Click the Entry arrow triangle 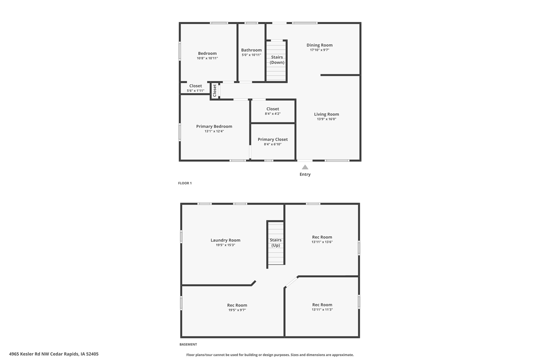tap(305, 167)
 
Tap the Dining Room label tap(319, 45)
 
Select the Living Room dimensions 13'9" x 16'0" tap(327, 119)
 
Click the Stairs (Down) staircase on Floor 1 tap(276, 61)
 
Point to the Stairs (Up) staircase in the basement tap(276, 243)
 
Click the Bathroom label tap(251, 50)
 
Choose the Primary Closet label tap(273, 140)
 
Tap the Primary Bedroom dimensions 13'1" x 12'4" tap(214, 131)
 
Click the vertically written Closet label tap(215, 90)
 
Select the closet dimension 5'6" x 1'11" tap(195, 91)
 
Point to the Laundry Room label tap(225, 240)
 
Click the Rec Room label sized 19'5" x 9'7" tap(237, 305)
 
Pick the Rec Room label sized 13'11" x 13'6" tap(322, 237)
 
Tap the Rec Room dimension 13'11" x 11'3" tap(322, 310)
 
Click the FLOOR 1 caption tap(185, 183)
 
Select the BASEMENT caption tap(188, 344)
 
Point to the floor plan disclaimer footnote tap(270, 355)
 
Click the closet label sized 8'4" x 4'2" tap(273, 109)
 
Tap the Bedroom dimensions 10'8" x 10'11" tap(207, 58)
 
